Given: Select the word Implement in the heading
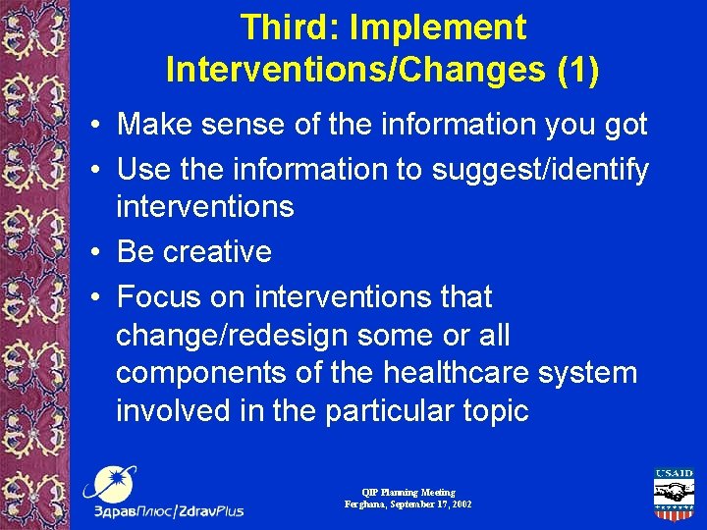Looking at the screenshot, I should (440, 27).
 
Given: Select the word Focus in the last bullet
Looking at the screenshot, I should (157, 296).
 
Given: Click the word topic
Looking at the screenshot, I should (493, 410).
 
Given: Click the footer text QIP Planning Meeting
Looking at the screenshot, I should (408, 492).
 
